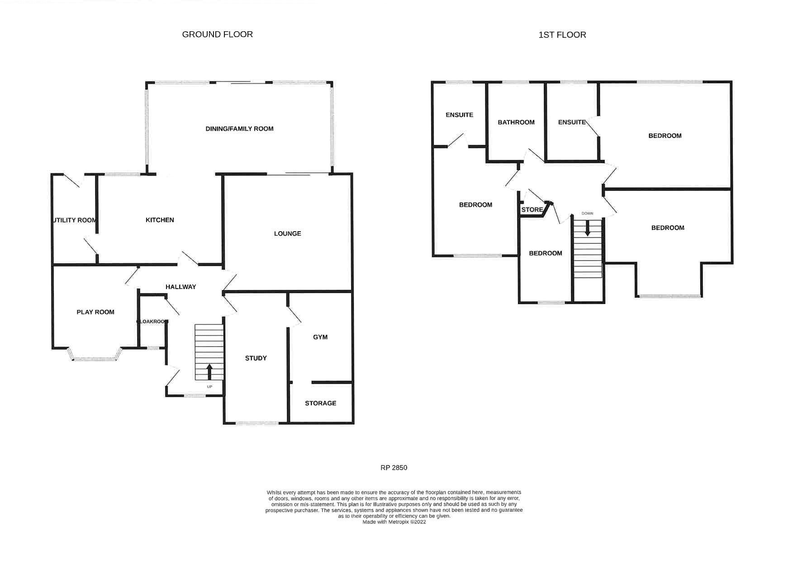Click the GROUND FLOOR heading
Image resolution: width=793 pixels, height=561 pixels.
coord(217,34)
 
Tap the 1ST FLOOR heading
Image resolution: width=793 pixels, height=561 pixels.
coord(562,35)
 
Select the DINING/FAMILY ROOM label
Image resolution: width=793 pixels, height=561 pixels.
coord(239,128)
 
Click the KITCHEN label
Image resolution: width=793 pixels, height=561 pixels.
coord(160,220)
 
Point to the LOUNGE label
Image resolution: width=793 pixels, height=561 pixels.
coord(287,233)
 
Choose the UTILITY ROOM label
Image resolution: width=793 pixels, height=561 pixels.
coord(75,220)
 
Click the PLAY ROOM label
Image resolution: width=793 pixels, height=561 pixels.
coord(95,312)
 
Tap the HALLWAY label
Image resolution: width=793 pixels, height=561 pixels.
coord(180,286)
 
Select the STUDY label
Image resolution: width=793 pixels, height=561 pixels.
coord(256,358)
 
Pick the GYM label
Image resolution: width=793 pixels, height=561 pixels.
coord(320,337)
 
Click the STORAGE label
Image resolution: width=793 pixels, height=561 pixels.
coord(320,403)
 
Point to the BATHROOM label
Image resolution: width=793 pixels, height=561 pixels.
coord(516,122)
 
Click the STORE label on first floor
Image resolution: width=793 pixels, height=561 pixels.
coord(532,210)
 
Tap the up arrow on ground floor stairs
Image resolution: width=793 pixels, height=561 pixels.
coord(209,372)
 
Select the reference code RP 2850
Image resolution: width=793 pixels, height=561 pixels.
coord(394,467)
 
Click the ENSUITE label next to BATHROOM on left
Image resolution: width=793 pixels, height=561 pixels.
coord(459,115)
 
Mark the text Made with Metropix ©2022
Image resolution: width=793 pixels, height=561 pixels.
coord(394,522)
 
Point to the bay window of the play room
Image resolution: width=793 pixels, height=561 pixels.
coord(95,358)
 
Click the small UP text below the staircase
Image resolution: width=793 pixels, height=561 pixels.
coord(209,387)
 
